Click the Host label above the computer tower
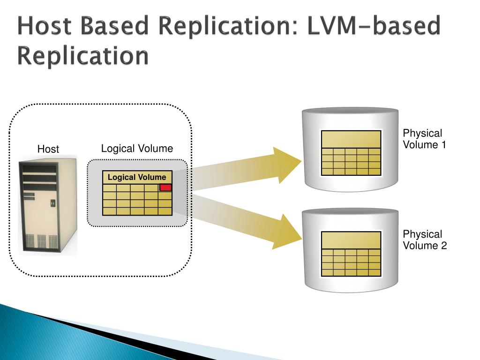48,149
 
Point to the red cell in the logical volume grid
165,187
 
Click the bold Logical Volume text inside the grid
137,177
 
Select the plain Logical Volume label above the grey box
137,149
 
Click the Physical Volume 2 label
425,240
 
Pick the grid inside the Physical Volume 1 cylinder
351,153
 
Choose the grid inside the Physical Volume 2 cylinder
351,254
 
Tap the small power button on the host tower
52,203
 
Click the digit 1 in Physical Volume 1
443,144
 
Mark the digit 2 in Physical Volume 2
443,246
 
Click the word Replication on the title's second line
83,56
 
